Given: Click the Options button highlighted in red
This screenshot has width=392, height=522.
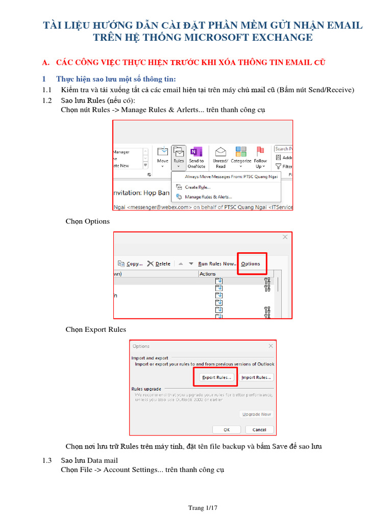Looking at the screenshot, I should click(x=251, y=264).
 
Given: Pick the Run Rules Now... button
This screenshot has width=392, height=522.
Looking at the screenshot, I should click(x=217, y=264).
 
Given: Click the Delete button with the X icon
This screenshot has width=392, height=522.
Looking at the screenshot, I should click(x=159, y=264).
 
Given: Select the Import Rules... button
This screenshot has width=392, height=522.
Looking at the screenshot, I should click(x=256, y=377).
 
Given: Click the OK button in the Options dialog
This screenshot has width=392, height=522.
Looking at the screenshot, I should click(x=226, y=429).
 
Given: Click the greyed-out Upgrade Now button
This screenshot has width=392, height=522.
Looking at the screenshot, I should click(x=256, y=414).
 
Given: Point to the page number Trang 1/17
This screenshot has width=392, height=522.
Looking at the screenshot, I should click(x=203, y=508).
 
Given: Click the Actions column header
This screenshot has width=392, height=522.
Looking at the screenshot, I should click(x=208, y=274).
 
